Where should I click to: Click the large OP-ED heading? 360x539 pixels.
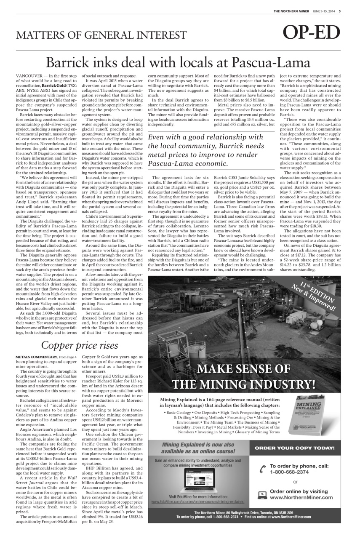312,34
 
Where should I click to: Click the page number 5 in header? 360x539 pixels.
340,11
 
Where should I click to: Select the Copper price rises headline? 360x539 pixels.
80,346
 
